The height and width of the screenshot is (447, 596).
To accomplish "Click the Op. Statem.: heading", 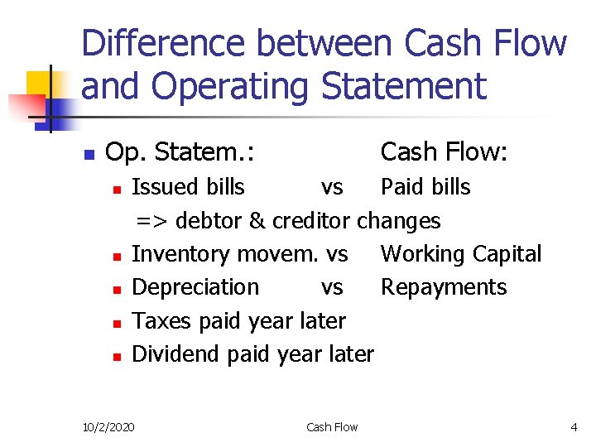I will tap(180, 152).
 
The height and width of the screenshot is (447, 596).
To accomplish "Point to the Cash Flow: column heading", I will tap(444, 152).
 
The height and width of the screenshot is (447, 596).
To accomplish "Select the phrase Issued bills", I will tap(188, 187).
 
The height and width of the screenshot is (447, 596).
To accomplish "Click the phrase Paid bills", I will tap(425, 187).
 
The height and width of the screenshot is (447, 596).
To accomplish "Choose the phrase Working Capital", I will tap(460, 254).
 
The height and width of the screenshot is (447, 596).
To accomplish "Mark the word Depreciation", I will tap(195, 287).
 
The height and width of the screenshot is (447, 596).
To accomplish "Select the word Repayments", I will tap(443, 287).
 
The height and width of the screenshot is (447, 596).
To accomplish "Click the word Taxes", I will tap(159, 320).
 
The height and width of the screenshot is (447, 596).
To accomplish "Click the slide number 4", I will tap(574, 427).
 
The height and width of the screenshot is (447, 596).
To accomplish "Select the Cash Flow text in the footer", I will tap(332, 427).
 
